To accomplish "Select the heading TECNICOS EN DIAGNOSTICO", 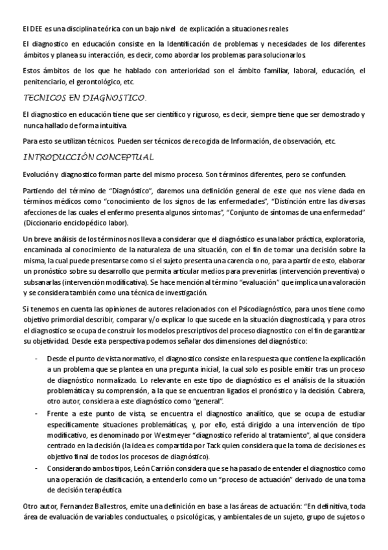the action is (x=84, y=98).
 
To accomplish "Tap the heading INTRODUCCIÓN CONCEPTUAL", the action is (x=88, y=157).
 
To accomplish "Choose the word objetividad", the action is (x=49, y=341).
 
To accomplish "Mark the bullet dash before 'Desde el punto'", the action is (x=37, y=358).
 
